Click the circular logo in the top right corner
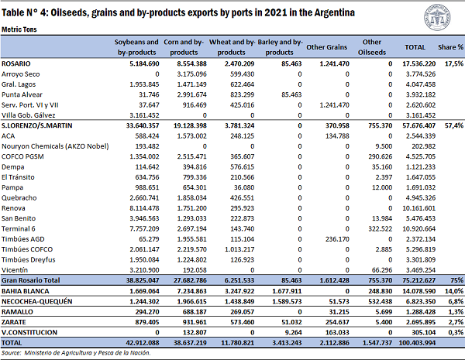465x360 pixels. coord(437,17)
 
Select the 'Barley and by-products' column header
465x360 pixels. coord(280,47)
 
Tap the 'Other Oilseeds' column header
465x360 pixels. coord(372,47)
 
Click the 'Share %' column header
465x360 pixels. coord(450,47)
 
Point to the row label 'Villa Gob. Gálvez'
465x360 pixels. coord(28,115)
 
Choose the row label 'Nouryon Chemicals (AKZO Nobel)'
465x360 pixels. coord(55,146)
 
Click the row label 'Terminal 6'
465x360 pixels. coord(19,228)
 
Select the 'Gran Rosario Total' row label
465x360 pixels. coord(30,280)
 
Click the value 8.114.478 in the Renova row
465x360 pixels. coord(144,208)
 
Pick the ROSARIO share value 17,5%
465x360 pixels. coord(453,63)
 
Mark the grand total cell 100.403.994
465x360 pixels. coord(417,343)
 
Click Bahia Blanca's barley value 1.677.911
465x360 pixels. coord(287,291)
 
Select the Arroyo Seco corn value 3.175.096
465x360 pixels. coord(192,74)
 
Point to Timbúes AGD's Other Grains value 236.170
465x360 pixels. coord(337,239)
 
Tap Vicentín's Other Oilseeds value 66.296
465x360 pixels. coord(382,270)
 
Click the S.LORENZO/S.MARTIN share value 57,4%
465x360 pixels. coord(453,125)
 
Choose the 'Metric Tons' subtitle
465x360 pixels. coord(19,29)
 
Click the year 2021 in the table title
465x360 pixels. coord(275,12)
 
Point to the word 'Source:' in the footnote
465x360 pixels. coord(12,353)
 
